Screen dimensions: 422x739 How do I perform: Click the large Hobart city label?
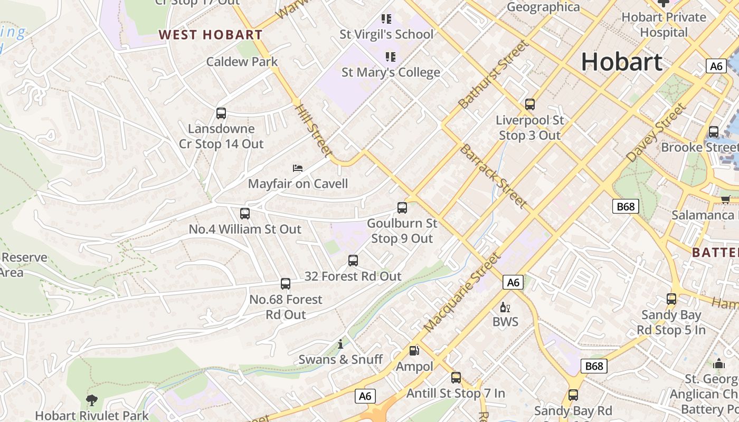(x=621, y=62)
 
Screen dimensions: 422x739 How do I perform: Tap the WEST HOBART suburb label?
(x=211, y=35)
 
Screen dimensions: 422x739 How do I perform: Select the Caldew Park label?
(x=242, y=62)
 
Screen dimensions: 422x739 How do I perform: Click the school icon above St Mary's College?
(x=391, y=56)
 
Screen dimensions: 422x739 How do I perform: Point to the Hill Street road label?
(x=314, y=130)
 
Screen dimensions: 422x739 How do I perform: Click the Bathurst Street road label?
(x=493, y=74)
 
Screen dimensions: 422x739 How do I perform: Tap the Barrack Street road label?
(x=493, y=175)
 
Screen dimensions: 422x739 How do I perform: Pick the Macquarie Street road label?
(x=461, y=292)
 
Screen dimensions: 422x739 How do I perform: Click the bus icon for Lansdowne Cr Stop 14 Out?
(x=221, y=113)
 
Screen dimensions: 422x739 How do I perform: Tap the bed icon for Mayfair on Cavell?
(x=298, y=168)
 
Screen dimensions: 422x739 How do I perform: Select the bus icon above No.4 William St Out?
(x=244, y=214)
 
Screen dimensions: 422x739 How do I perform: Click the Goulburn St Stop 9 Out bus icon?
(x=402, y=208)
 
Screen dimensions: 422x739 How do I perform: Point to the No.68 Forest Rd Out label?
(x=286, y=306)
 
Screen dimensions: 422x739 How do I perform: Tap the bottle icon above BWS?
(x=505, y=307)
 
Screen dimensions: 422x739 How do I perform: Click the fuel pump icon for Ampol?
(x=414, y=351)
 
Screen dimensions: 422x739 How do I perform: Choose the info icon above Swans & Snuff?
(x=341, y=344)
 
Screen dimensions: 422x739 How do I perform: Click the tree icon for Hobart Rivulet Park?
(x=92, y=400)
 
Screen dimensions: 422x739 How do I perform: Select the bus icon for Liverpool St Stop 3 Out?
(x=530, y=104)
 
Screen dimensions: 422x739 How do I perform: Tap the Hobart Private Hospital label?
(x=664, y=24)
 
